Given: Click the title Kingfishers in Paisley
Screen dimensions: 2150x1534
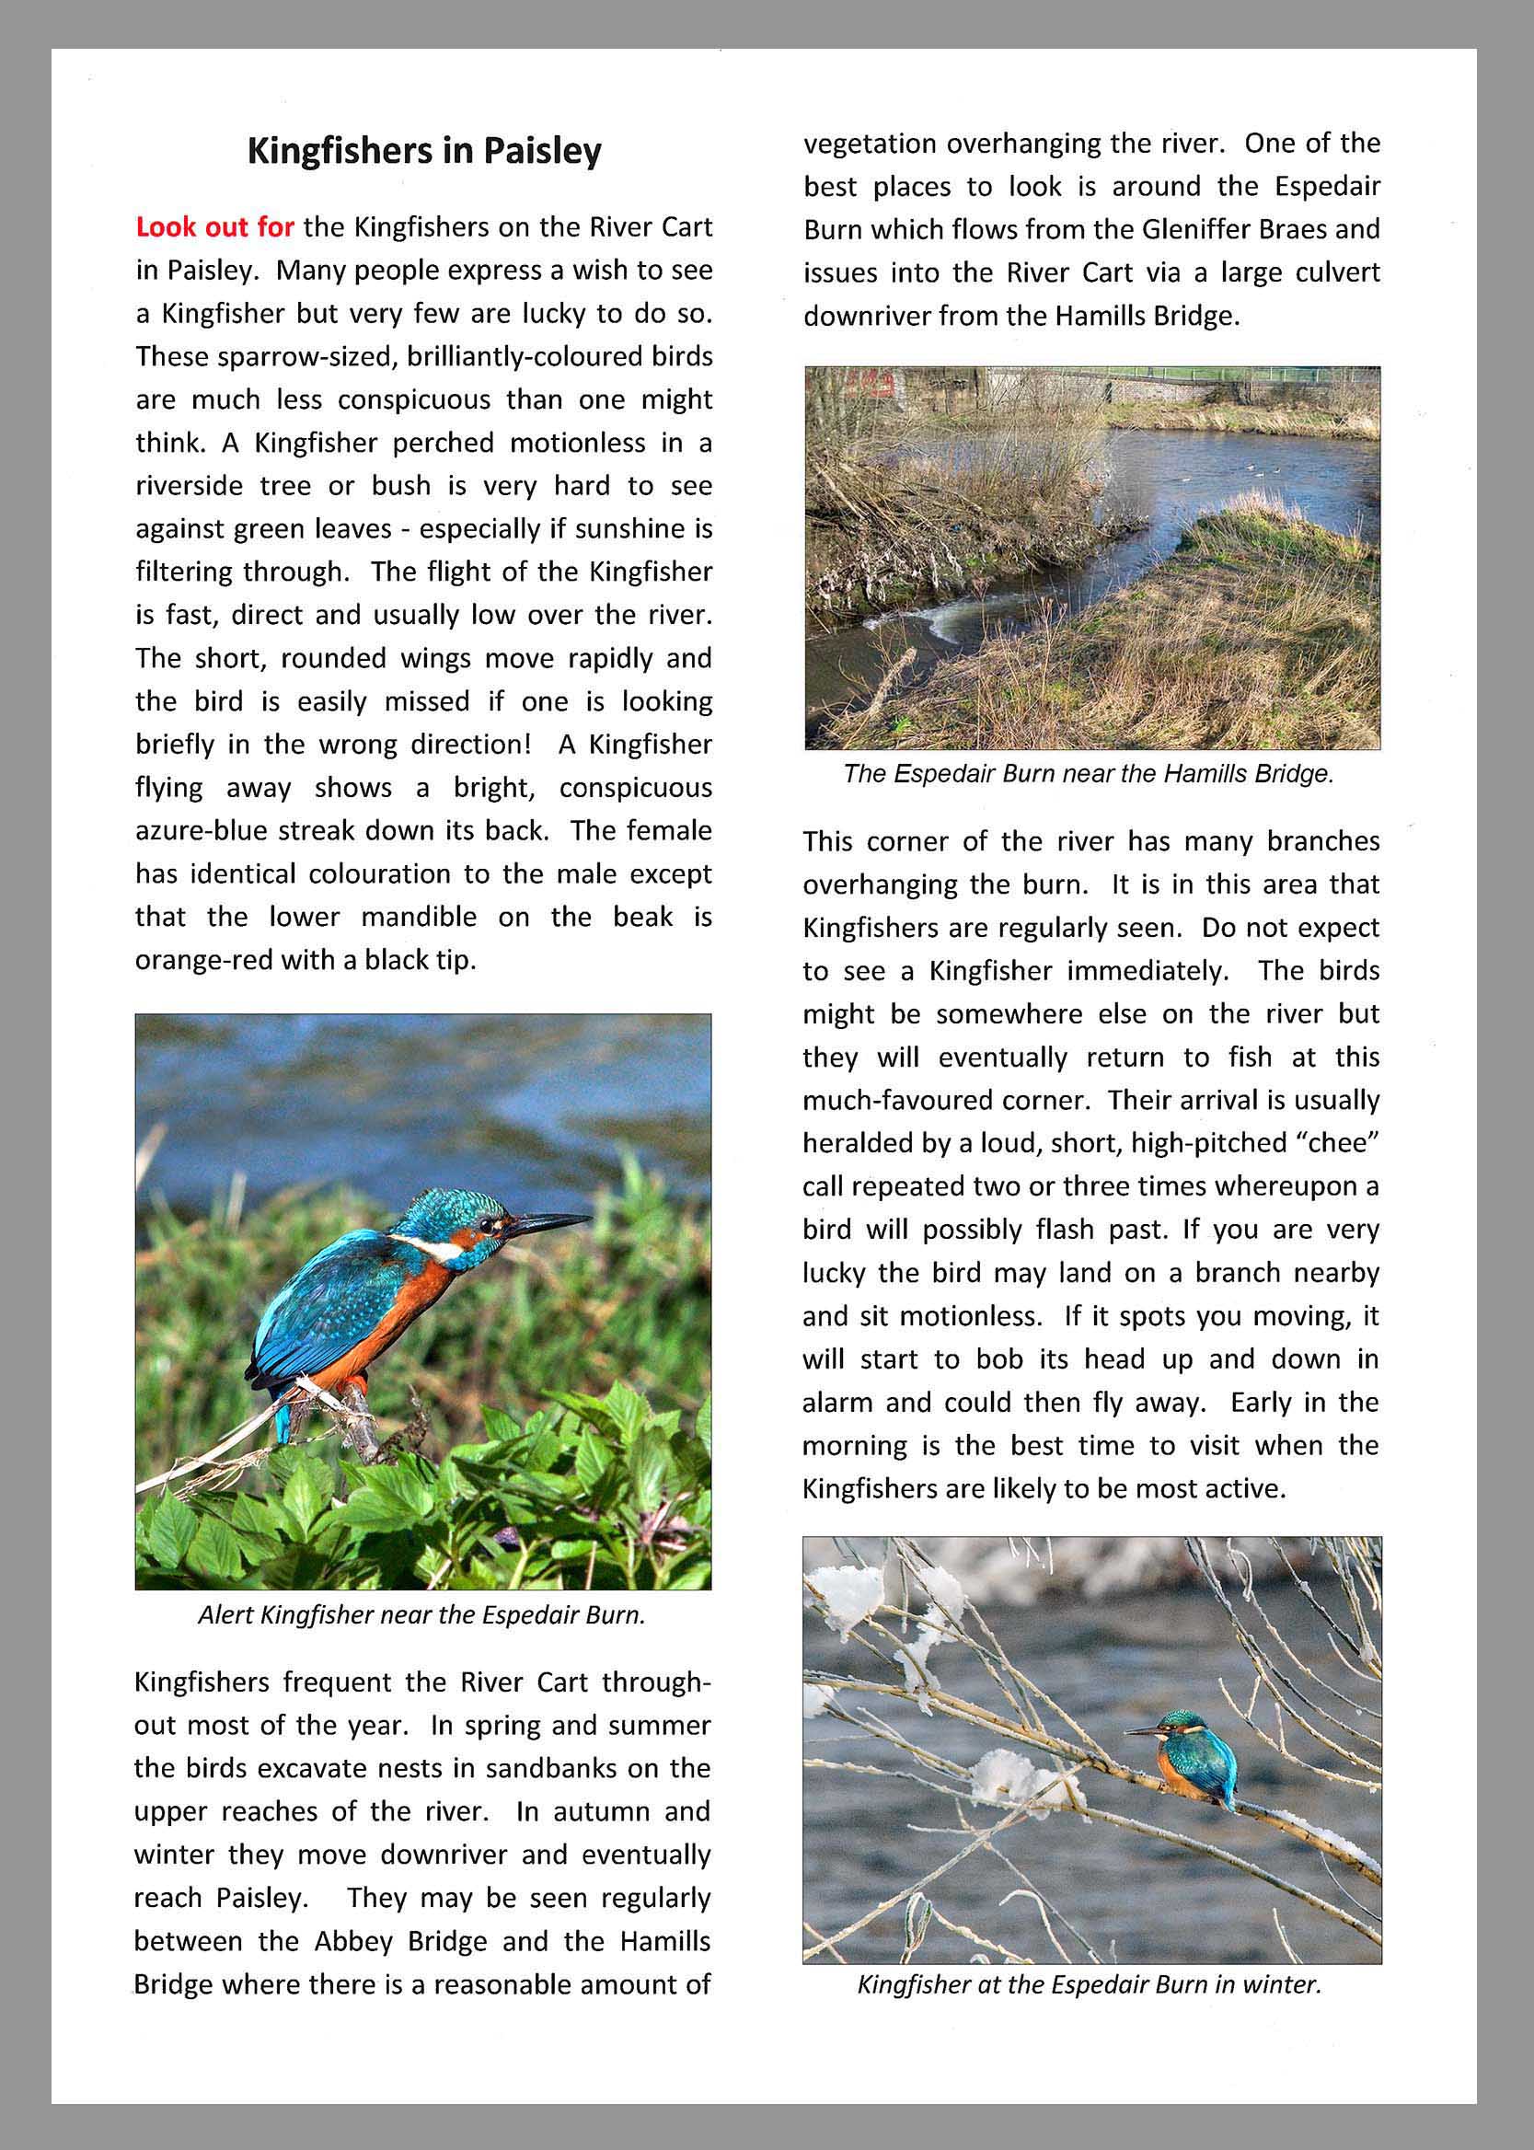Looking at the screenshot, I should point(424,151).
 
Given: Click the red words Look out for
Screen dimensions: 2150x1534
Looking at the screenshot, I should point(214,227).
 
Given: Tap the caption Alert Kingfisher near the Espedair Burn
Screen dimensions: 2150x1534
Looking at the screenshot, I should point(422,1614).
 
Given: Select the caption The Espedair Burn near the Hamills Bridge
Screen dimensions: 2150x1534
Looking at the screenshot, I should point(1089,774).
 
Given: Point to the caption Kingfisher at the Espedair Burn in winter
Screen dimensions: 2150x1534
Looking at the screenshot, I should point(1090,1983).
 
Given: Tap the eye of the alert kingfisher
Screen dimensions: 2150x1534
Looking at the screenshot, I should point(489,1224).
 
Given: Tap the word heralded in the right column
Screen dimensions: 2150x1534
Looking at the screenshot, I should point(859,1143).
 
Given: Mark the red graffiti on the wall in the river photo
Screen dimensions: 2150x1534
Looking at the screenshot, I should point(869,383).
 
